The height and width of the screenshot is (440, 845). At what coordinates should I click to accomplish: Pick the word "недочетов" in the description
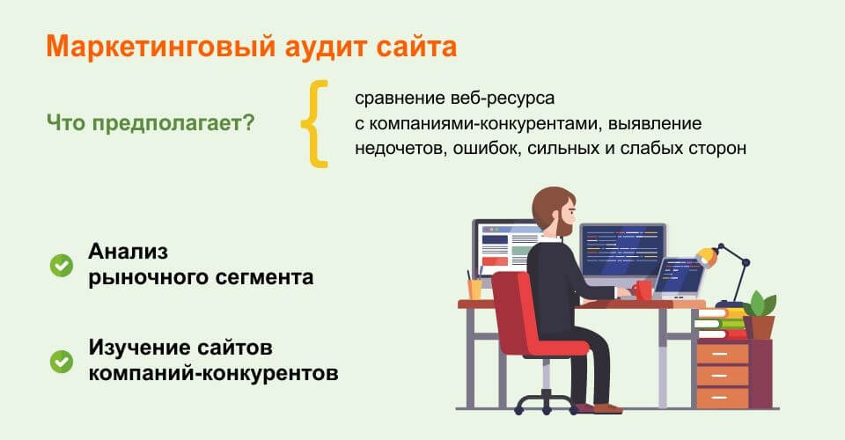(x=398, y=148)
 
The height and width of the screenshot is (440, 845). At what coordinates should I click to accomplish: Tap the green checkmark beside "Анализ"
(x=62, y=265)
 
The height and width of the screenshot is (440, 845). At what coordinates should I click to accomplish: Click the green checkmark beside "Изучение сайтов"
(x=62, y=361)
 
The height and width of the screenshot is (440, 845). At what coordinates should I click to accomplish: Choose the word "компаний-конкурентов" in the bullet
(x=212, y=373)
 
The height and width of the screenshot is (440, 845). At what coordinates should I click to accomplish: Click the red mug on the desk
(x=643, y=289)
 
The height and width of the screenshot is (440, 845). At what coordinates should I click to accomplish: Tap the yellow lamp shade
(x=705, y=256)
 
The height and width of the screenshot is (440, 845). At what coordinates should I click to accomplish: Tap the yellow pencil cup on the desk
(x=474, y=289)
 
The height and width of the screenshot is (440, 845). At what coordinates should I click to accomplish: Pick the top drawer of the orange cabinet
(x=722, y=354)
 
